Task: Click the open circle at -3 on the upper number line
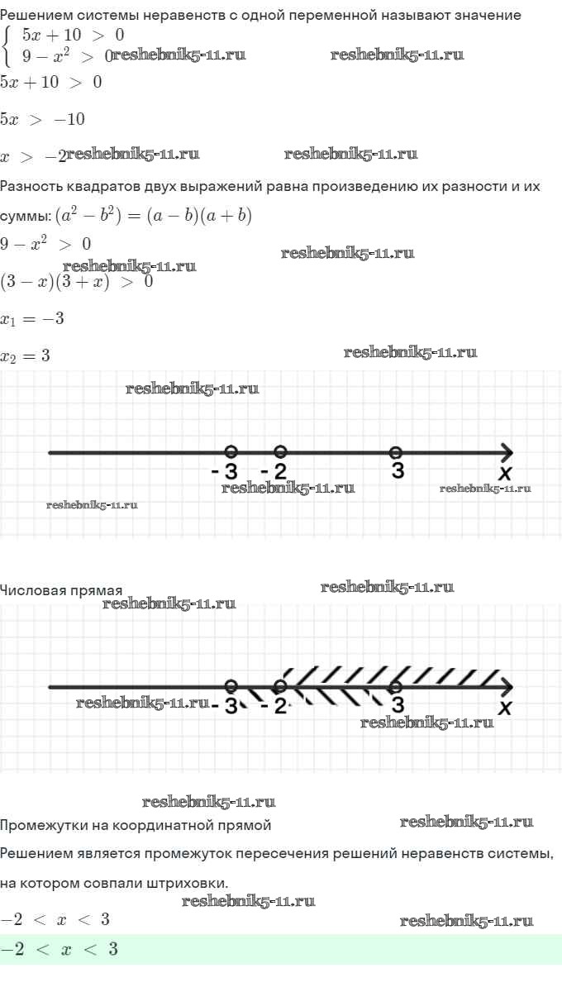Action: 231,451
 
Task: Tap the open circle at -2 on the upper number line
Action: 280,451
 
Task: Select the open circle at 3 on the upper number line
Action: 396,452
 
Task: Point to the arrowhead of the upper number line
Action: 507,453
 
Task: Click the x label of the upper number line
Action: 505,474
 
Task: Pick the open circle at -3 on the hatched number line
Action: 231,686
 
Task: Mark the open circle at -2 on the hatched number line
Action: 280,686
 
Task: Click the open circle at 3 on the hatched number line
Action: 396,687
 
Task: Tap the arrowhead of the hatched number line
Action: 507,687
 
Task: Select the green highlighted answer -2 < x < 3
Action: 60,949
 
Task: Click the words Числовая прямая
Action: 61,590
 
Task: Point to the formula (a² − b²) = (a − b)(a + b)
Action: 154,216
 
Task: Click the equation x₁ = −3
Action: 32,319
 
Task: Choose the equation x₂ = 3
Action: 26,356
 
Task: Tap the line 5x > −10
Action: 42,119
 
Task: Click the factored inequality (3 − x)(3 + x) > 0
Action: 76,282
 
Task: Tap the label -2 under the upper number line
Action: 274,472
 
